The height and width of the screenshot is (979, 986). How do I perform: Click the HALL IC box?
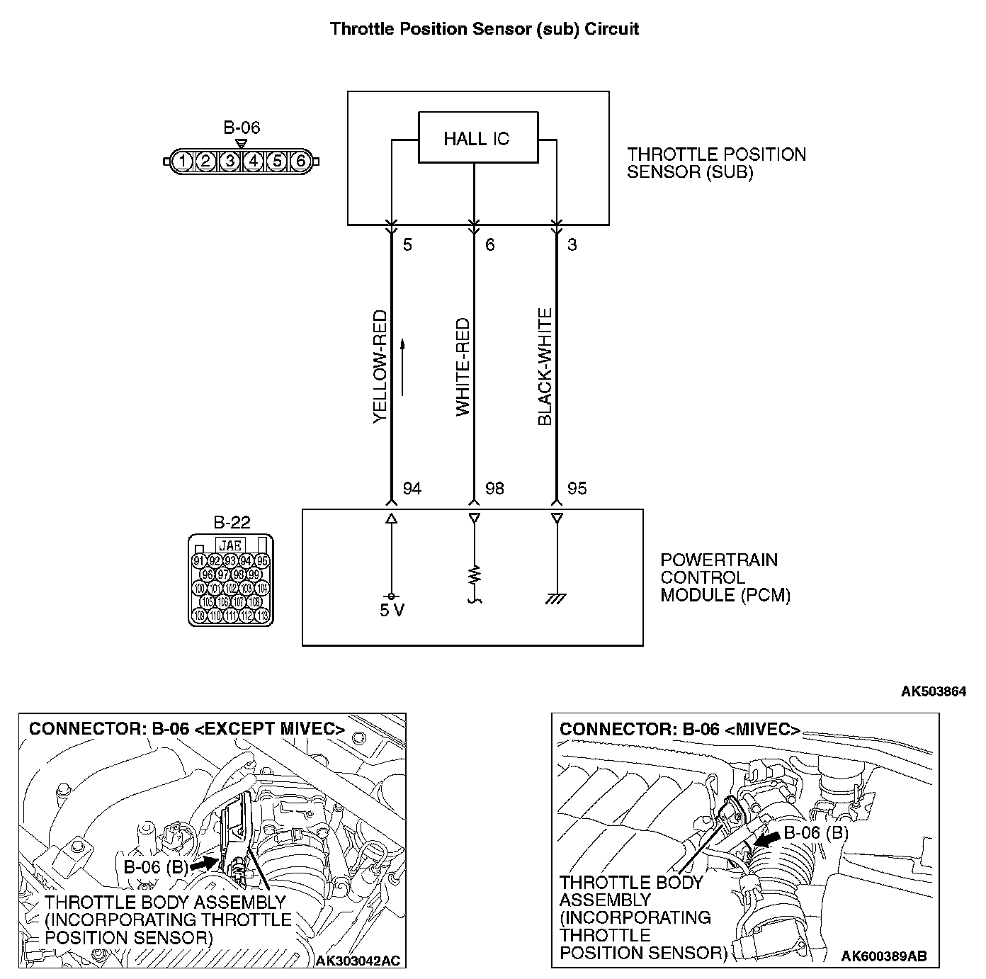click(477, 138)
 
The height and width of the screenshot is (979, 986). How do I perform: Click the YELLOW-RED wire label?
click(380, 367)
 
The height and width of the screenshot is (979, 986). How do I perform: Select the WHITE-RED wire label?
click(463, 367)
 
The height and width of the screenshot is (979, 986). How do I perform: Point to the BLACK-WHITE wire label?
click(545, 367)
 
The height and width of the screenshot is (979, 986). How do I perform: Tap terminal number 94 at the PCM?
click(412, 489)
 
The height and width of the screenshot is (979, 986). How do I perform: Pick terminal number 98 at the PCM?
click(494, 489)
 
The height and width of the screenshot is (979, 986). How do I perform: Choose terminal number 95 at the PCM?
click(577, 489)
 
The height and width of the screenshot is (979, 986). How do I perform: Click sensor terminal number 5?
click(407, 246)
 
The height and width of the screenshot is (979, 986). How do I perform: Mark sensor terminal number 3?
click(572, 246)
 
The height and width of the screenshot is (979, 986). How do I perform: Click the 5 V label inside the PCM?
click(391, 611)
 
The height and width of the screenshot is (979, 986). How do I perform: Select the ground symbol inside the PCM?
click(556, 599)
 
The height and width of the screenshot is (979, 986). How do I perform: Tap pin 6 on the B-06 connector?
click(300, 161)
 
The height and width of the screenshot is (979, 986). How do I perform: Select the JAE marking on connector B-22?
click(231, 545)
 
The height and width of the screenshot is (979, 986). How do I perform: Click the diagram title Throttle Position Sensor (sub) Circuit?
click(484, 29)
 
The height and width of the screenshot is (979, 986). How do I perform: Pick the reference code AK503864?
click(933, 691)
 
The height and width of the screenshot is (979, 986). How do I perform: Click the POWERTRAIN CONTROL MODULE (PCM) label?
click(725, 577)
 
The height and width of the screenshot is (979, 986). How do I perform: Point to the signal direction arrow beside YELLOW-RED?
click(402, 367)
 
